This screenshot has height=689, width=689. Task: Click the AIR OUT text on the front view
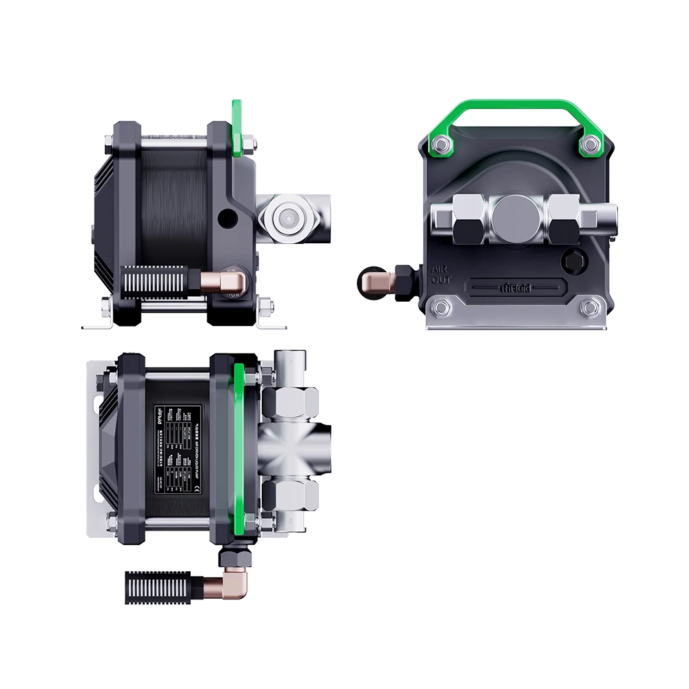[x=441, y=274]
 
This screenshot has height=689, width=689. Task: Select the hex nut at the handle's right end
[x=590, y=143]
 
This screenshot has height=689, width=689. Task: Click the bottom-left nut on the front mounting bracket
[x=438, y=307]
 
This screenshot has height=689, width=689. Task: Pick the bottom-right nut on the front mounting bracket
[x=590, y=307]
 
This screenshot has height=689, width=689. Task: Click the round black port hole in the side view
[x=226, y=219]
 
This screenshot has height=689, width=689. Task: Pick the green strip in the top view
[x=238, y=448]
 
